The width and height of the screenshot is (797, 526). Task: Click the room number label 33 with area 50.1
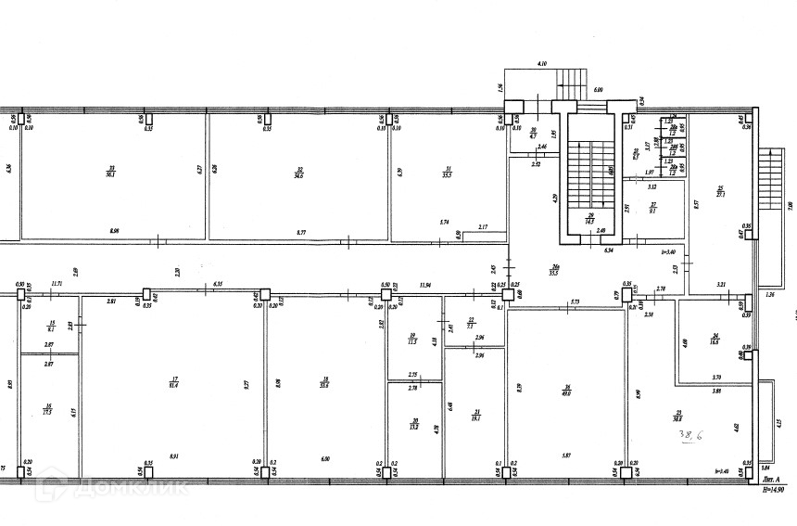(x=110, y=170)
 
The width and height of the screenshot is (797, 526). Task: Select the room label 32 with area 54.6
(x=298, y=170)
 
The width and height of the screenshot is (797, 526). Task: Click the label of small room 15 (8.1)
(x=51, y=325)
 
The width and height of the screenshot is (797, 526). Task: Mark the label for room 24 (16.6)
(x=715, y=340)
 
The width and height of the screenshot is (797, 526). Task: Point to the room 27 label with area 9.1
(x=652, y=208)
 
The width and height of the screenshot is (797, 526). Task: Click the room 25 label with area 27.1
(x=719, y=193)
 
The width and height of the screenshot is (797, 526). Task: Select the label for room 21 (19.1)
(x=476, y=415)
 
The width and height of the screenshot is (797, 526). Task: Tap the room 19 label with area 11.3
(x=413, y=339)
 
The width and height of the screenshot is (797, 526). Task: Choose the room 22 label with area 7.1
(x=471, y=324)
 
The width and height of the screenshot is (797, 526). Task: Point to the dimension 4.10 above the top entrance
(x=541, y=64)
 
